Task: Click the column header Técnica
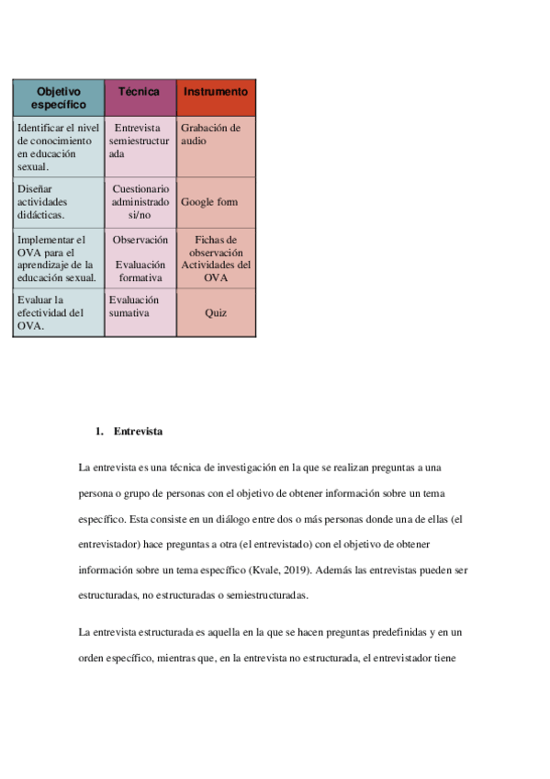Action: click(139, 92)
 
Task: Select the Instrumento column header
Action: click(215, 92)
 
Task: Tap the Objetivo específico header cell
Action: click(58, 97)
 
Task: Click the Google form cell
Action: click(215, 201)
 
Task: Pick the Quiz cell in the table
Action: click(216, 312)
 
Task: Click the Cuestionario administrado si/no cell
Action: click(140, 201)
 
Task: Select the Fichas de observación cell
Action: click(216, 246)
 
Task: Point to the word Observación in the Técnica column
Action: click(140, 240)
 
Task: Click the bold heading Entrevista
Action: click(139, 431)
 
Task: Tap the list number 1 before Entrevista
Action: click(98, 431)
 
